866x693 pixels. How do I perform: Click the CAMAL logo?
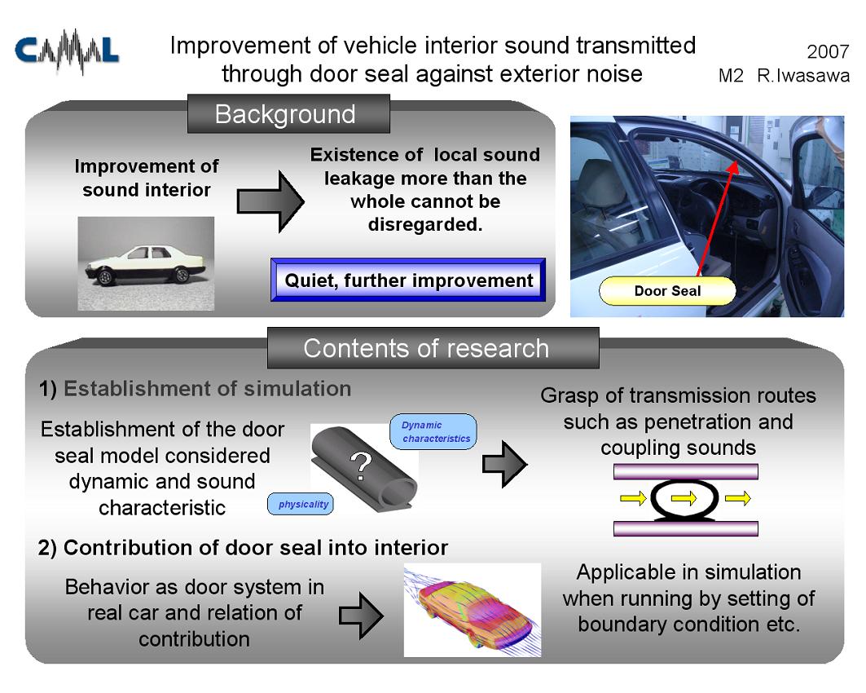(x=67, y=51)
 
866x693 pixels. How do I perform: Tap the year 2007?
(x=828, y=51)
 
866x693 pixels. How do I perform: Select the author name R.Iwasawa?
(x=803, y=75)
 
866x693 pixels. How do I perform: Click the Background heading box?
(x=288, y=114)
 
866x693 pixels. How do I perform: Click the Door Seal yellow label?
(x=667, y=291)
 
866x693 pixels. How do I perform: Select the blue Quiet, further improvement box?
(x=408, y=280)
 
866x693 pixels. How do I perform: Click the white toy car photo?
(x=146, y=263)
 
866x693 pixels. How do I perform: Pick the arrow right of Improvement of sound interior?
(x=270, y=201)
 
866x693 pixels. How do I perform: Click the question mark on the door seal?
(x=361, y=466)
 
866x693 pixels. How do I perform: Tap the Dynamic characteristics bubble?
(x=433, y=431)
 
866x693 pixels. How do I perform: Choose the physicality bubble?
(x=301, y=504)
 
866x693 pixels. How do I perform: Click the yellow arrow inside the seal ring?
(x=684, y=498)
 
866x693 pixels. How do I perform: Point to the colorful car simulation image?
(x=473, y=610)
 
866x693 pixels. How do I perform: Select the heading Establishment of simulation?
(x=208, y=389)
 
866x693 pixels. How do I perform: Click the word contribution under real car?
(x=194, y=639)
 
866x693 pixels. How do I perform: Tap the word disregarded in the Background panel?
(x=424, y=224)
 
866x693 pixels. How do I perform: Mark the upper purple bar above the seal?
(x=685, y=471)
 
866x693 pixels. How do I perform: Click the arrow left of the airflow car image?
(x=361, y=616)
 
